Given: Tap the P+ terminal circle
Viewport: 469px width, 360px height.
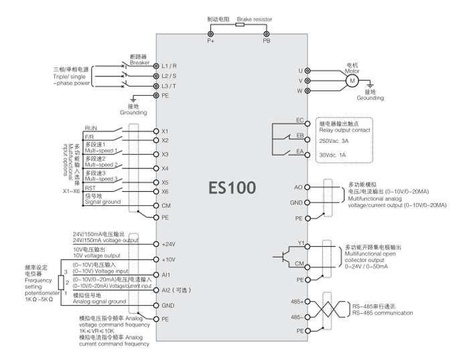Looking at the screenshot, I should point(210,34).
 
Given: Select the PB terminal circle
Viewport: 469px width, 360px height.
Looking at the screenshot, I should point(266,34).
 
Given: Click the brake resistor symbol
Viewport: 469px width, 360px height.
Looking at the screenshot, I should point(239,27).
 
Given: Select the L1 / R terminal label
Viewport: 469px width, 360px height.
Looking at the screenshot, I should point(169,66).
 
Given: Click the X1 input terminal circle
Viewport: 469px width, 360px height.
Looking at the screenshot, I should point(155,131).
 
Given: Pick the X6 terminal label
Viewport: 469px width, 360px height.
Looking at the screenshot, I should point(165,192).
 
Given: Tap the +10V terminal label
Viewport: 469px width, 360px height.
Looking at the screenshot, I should point(169,259).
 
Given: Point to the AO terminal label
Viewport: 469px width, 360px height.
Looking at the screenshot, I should point(299,188).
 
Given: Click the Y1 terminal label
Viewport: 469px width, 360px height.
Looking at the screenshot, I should point(300,244).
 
